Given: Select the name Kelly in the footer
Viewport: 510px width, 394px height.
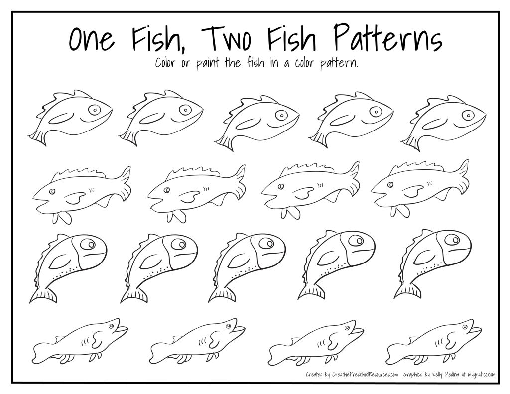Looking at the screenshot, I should click(x=439, y=374).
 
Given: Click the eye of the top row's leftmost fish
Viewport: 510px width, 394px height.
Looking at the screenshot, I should click(x=94, y=109).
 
